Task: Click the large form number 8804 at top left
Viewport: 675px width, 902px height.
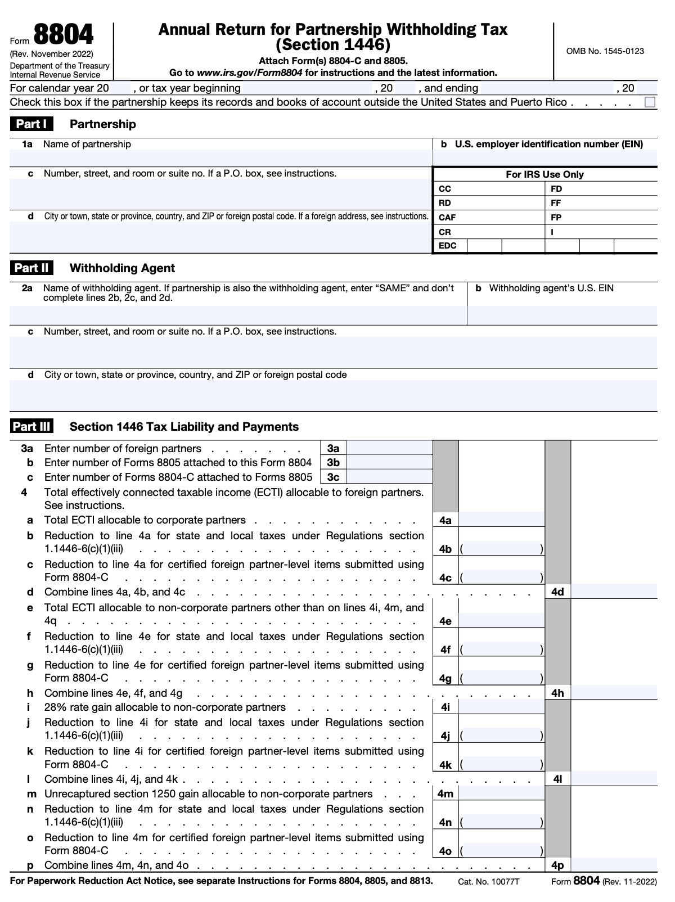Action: coord(64,35)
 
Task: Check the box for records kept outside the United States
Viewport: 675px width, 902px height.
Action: coord(650,102)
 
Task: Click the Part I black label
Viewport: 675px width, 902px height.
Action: coord(31,124)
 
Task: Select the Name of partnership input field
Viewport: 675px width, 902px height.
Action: coord(220,158)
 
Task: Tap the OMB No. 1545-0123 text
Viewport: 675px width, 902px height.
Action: coord(605,51)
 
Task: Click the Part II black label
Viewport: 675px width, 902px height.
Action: coord(31,268)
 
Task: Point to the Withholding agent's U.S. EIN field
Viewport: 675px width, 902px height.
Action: coord(562,315)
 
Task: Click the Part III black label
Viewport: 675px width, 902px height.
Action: coord(31,426)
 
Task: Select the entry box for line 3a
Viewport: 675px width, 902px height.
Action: coord(389,448)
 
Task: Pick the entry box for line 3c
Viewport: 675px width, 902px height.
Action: coord(389,477)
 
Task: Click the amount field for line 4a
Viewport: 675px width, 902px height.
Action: coord(501,520)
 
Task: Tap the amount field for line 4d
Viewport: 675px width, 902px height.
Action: coord(614,591)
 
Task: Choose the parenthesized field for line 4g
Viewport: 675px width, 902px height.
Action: coord(501,678)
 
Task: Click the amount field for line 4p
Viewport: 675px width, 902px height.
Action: coord(614,865)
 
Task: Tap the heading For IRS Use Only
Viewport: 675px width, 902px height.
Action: coord(544,174)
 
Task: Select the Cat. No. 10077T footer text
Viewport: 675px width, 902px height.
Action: coord(488,882)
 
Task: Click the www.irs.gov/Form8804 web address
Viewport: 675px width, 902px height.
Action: coord(249,73)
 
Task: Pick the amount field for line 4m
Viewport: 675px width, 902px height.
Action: coord(501,793)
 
